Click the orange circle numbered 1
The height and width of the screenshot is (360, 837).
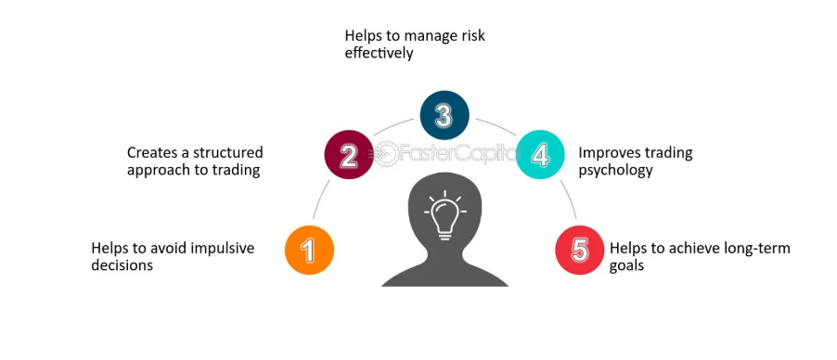tap(310, 250)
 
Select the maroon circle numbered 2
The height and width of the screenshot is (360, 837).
tap(349, 155)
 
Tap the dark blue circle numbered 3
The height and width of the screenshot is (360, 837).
tap(444, 115)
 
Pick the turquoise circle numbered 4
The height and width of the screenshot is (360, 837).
tap(540, 155)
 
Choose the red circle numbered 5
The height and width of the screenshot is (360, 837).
tap(580, 250)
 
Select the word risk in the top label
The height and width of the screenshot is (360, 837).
tap(472, 36)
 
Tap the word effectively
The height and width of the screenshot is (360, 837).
tap(379, 54)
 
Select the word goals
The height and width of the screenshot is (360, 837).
tap(626, 266)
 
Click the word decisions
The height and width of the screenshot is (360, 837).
tap(122, 265)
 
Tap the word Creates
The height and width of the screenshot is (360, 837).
tap(152, 153)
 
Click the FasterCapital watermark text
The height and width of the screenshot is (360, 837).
tap(459, 154)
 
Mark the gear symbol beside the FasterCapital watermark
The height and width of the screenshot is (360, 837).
tap(385, 154)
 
